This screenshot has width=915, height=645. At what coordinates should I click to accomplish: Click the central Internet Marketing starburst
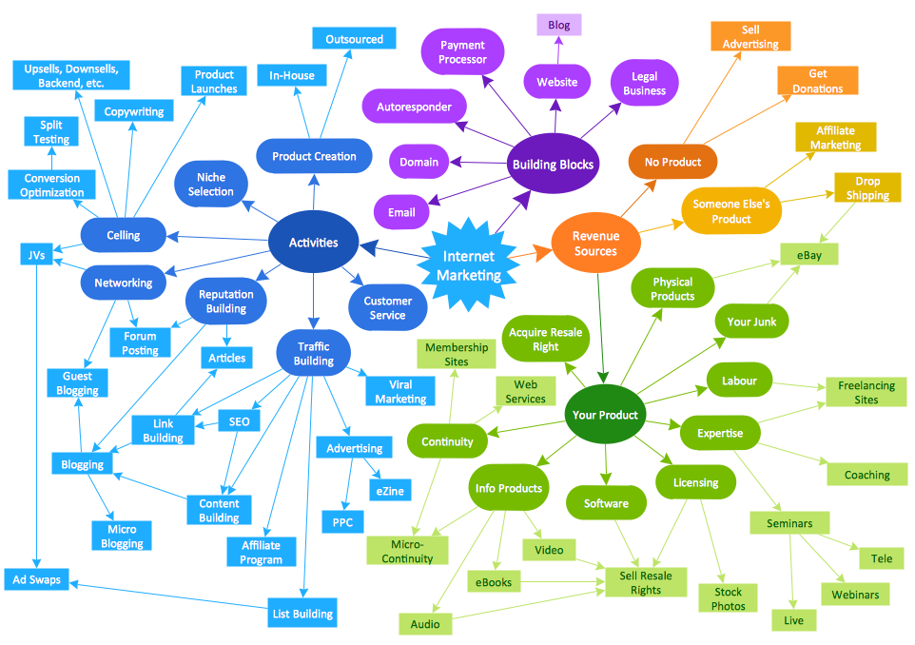468,265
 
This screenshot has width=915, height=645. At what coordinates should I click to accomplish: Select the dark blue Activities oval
313,243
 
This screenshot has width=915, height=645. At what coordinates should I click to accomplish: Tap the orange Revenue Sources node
595,244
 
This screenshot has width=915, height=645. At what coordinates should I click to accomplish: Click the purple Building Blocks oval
553,165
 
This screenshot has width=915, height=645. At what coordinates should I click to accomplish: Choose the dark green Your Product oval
605,415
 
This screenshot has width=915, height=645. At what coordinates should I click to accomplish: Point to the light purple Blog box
559,25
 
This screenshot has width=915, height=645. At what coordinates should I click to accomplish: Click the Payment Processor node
462,52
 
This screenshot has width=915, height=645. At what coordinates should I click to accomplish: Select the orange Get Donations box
818,81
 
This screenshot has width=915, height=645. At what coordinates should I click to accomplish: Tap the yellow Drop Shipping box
866,188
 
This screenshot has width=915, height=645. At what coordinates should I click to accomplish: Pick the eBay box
808,254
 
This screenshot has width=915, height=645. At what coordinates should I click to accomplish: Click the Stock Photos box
728,598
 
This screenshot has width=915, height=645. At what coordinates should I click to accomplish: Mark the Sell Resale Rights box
646,582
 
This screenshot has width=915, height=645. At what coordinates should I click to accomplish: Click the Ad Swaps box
36,579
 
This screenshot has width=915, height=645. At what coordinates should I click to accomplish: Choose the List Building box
302,614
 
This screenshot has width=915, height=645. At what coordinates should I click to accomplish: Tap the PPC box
341,522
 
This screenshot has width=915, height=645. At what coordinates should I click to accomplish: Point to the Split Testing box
51,132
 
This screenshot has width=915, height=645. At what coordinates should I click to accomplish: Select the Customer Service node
386,308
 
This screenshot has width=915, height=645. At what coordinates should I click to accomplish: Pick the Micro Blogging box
122,537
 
